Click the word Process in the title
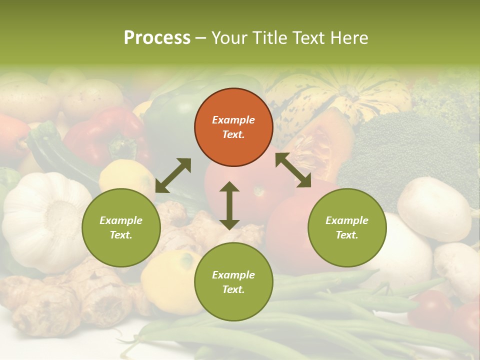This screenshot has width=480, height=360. pos(157,38)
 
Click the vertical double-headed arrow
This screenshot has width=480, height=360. pos(229,205)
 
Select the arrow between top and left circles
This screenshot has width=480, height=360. pos(173,175)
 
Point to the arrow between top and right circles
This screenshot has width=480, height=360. pos(293,170)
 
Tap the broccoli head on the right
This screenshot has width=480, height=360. pos(400,150)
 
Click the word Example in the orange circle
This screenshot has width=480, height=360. pos(233,120)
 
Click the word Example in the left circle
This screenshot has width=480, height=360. pos(121,220)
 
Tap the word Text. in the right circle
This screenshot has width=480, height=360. pos(347,235)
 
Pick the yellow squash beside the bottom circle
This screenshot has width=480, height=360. pos(170,280)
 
